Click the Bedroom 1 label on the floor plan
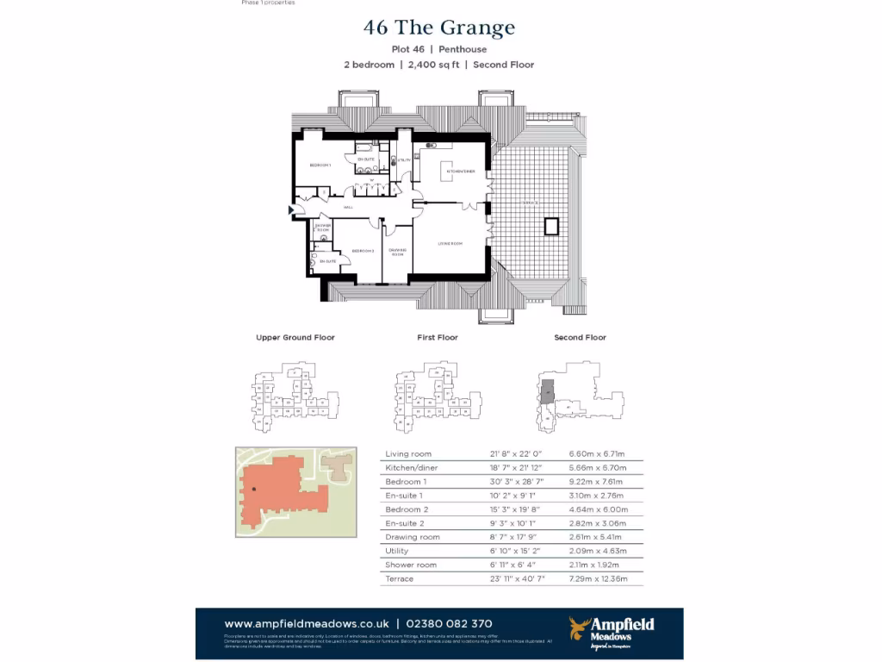tap(320, 165)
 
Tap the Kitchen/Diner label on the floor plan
tap(461, 172)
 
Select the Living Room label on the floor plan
tap(450, 244)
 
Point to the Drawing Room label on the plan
tap(397, 253)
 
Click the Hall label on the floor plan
tap(349, 208)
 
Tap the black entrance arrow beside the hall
tap(292, 209)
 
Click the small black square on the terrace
tap(551, 227)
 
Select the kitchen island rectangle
tap(447, 170)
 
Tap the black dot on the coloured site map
tap(254, 490)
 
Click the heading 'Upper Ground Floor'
tap(295, 338)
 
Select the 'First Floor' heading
tap(438, 338)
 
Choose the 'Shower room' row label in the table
tap(411, 565)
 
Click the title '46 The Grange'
tap(439, 28)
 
